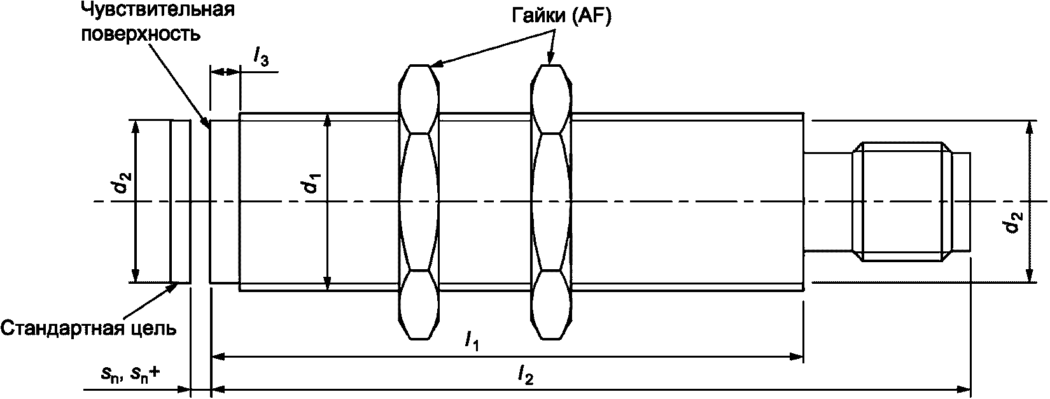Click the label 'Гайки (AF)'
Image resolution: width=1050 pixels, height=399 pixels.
click(561, 18)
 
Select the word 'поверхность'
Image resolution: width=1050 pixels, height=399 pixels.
click(139, 33)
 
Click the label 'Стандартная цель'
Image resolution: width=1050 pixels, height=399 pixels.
click(88, 328)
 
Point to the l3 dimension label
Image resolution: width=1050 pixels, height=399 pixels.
click(261, 59)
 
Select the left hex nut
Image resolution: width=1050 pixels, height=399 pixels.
click(418, 202)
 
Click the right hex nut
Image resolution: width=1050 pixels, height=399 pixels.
click(552, 202)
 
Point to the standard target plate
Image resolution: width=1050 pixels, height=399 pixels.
click(180, 201)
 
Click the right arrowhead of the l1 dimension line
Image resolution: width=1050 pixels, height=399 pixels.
click(798, 357)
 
